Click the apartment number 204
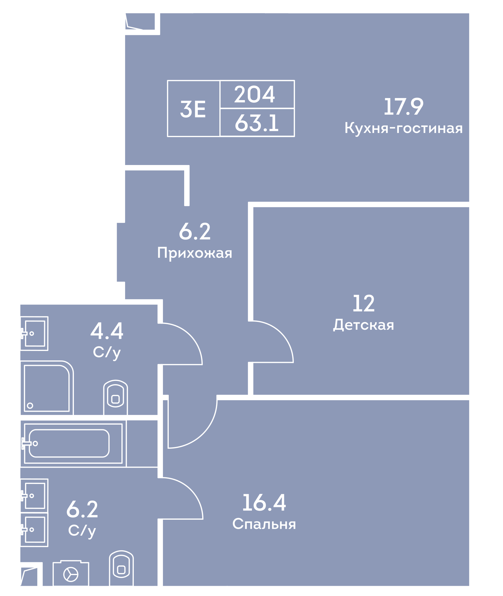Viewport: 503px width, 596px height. click(x=255, y=94)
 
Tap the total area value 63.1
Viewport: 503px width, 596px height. click(x=257, y=123)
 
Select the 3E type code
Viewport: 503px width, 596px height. click(x=193, y=109)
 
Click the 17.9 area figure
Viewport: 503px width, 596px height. click(x=404, y=107)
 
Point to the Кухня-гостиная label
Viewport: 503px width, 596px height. click(x=404, y=128)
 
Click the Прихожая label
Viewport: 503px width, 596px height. click(x=195, y=253)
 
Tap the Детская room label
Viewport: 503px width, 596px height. click(x=364, y=325)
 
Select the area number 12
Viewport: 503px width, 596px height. click(x=364, y=304)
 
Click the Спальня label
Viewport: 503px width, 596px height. click(x=264, y=524)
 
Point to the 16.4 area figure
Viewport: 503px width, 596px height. click(x=264, y=503)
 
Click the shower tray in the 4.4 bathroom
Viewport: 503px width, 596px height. click(x=47, y=388)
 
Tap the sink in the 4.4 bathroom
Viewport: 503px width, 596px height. click(x=34, y=334)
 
